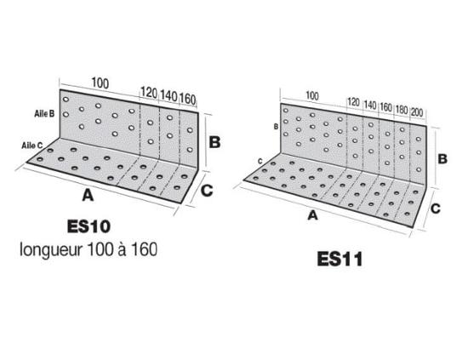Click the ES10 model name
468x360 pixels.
(x=88, y=226)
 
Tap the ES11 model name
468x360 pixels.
(x=340, y=259)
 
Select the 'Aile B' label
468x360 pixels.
(x=44, y=113)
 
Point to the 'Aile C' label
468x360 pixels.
(x=32, y=146)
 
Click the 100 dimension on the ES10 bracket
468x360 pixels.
(x=100, y=83)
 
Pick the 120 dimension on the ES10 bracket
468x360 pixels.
(x=149, y=93)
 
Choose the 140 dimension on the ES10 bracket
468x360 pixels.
(x=169, y=96)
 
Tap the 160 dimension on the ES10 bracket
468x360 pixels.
(x=188, y=99)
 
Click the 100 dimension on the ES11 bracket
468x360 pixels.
(x=312, y=96)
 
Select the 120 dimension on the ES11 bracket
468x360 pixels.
(x=353, y=102)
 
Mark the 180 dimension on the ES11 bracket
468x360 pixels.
(x=402, y=110)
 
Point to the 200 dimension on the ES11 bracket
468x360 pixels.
(x=417, y=112)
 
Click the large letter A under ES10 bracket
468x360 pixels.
(x=88, y=196)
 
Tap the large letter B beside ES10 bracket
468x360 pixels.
(x=214, y=142)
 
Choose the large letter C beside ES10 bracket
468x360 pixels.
(x=207, y=191)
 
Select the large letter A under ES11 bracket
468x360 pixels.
(x=312, y=215)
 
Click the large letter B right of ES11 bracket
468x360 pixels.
(x=442, y=159)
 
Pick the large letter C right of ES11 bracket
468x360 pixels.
(x=436, y=209)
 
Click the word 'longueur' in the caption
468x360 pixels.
(x=51, y=249)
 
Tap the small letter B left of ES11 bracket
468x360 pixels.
(x=276, y=127)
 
